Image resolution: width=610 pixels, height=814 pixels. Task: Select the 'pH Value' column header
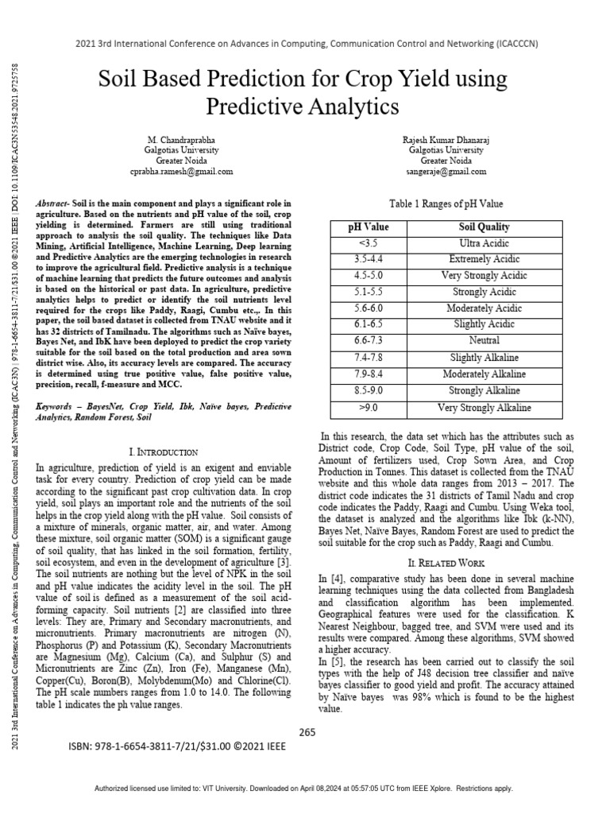click(369, 227)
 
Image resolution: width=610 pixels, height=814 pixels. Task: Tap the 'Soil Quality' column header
click(484, 227)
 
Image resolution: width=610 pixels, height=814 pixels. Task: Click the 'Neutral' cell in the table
click(484, 341)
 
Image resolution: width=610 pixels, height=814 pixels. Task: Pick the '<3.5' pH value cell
click(369, 242)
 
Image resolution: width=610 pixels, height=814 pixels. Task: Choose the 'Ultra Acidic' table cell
click(484, 242)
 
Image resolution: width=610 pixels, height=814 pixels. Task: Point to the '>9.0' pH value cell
click(369, 408)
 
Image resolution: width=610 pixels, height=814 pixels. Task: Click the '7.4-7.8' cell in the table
click(369, 358)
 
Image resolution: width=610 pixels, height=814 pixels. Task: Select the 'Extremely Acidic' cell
click(484, 259)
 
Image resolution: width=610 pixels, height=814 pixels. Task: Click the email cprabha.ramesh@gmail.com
click(181, 171)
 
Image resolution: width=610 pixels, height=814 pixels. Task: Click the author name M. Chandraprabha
click(181, 139)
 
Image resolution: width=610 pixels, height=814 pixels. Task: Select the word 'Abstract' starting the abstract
click(53, 204)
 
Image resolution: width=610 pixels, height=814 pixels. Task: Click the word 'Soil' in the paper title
click(119, 80)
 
